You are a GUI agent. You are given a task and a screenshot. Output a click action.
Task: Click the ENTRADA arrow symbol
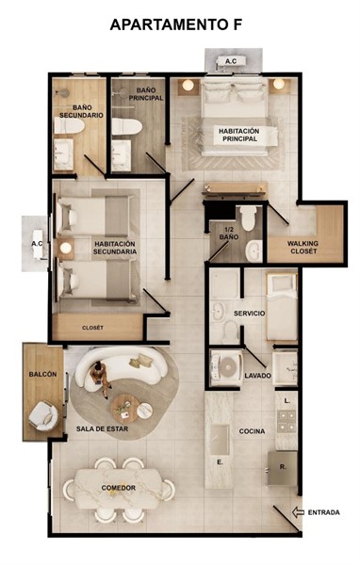click(x=298, y=512)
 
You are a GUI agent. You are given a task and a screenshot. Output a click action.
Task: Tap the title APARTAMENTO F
click(x=176, y=24)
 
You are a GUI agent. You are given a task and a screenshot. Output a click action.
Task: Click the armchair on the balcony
click(x=43, y=416)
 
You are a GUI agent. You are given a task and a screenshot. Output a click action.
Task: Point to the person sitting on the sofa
click(x=100, y=378)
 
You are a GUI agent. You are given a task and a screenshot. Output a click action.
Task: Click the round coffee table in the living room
click(x=125, y=409)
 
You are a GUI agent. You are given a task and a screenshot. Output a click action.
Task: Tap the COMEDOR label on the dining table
click(x=119, y=488)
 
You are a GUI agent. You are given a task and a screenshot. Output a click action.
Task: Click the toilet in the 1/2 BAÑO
click(x=249, y=218)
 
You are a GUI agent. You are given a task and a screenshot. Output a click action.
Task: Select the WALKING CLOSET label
click(x=303, y=247)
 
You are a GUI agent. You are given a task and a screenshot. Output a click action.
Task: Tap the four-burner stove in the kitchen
click(x=286, y=421)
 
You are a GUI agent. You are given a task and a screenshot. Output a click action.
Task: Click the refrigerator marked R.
click(x=283, y=468)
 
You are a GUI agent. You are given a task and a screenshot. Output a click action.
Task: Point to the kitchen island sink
click(x=220, y=440)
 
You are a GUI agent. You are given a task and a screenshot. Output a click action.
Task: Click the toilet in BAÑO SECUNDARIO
click(x=69, y=126)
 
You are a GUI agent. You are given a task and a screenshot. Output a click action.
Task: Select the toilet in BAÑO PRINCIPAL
click(x=126, y=126)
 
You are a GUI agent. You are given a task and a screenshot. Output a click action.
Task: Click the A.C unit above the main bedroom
click(x=231, y=61)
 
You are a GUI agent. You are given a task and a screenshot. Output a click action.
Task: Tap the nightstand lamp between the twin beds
click(x=65, y=248)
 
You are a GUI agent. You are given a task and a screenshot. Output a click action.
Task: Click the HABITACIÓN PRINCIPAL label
click(x=238, y=135)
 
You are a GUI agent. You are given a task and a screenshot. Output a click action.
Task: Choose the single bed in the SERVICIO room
click(x=282, y=307)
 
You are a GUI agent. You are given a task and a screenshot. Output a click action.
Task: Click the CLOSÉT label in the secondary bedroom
click(x=92, y=328)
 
